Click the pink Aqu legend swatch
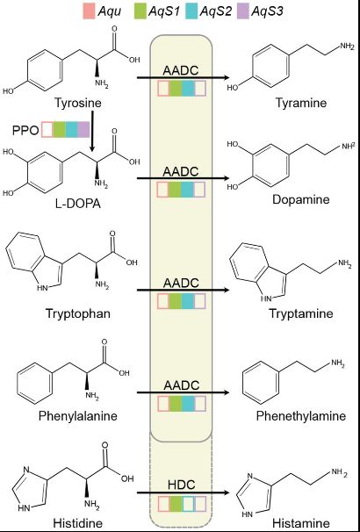click(89, 12)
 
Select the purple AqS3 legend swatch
click(241, 12)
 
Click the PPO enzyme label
click(25, 130)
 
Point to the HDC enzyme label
click(182, 485)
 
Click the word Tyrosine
click(78, 102)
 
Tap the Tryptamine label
click(300, 313)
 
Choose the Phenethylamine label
click(301, 415)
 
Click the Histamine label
click(301, 523)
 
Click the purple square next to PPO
click(83, 130)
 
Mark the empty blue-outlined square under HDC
click(188, 504)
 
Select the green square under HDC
click(176, 504)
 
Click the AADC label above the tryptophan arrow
click(181, 283)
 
